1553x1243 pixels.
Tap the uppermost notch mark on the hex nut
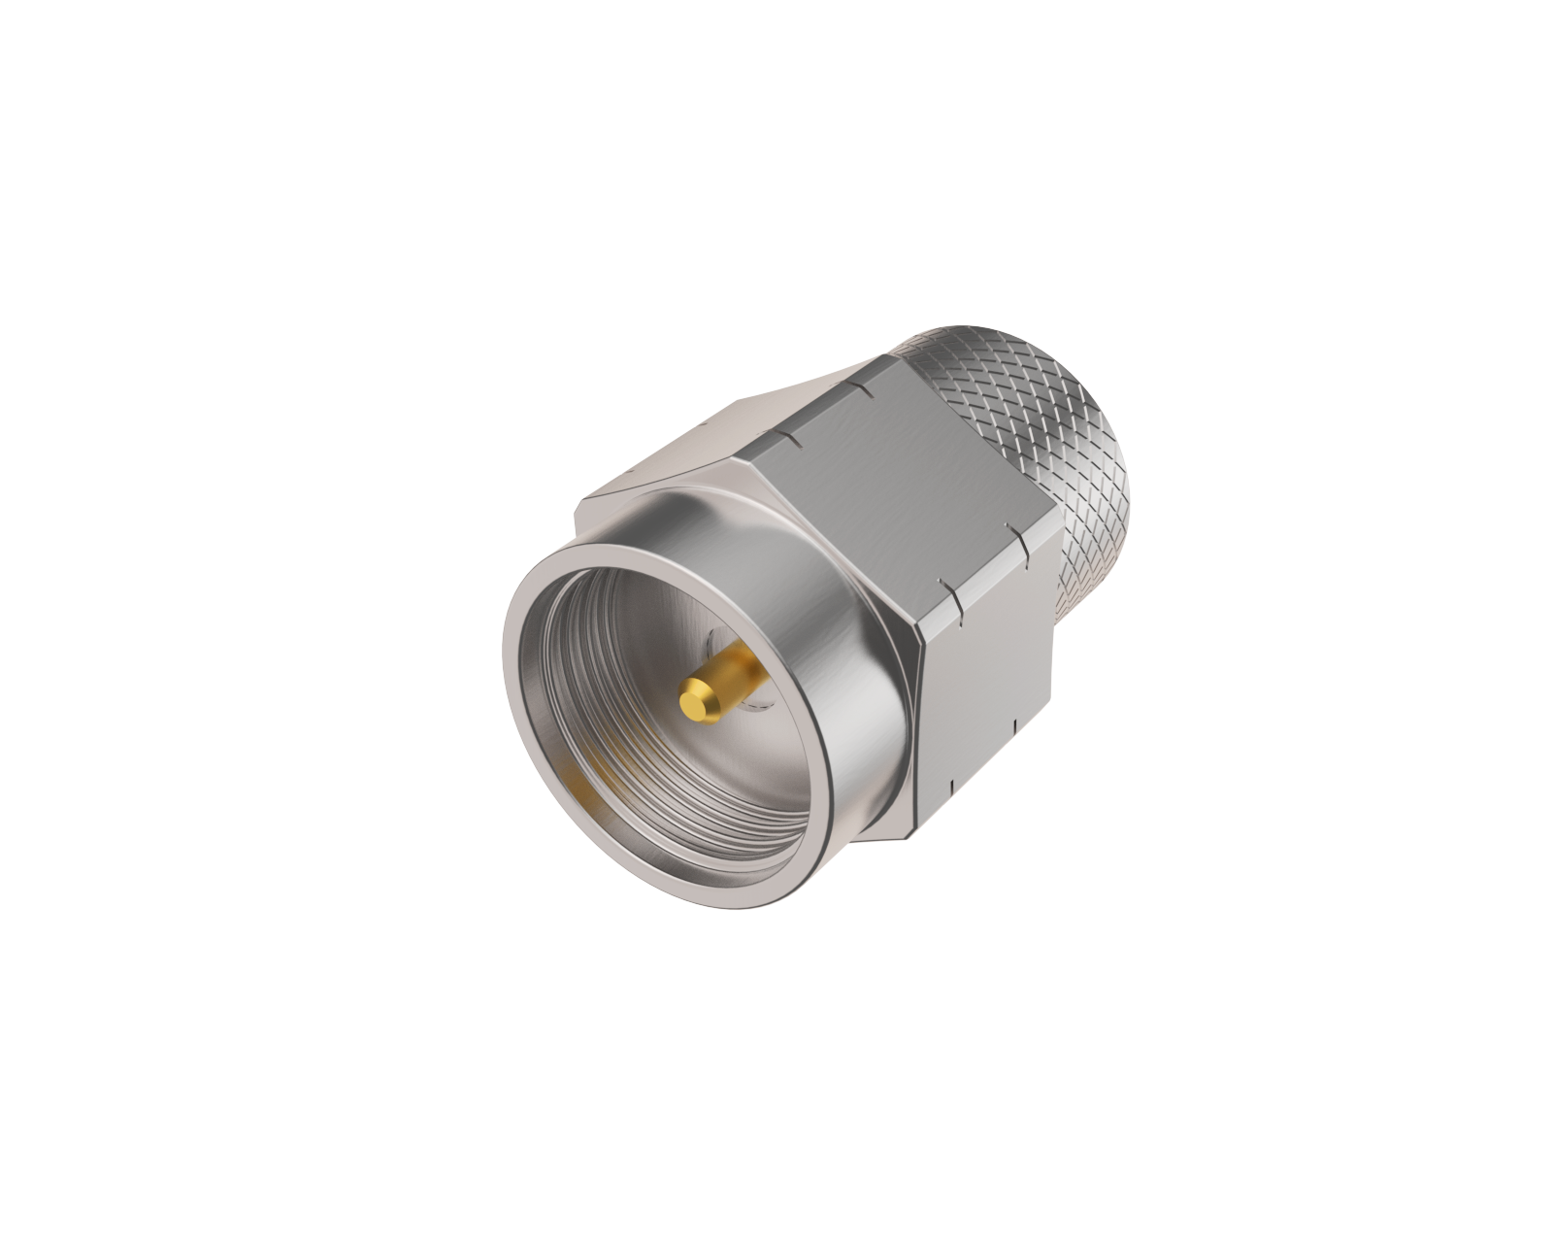[858, 387]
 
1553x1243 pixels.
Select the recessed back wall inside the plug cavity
[679, 621]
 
